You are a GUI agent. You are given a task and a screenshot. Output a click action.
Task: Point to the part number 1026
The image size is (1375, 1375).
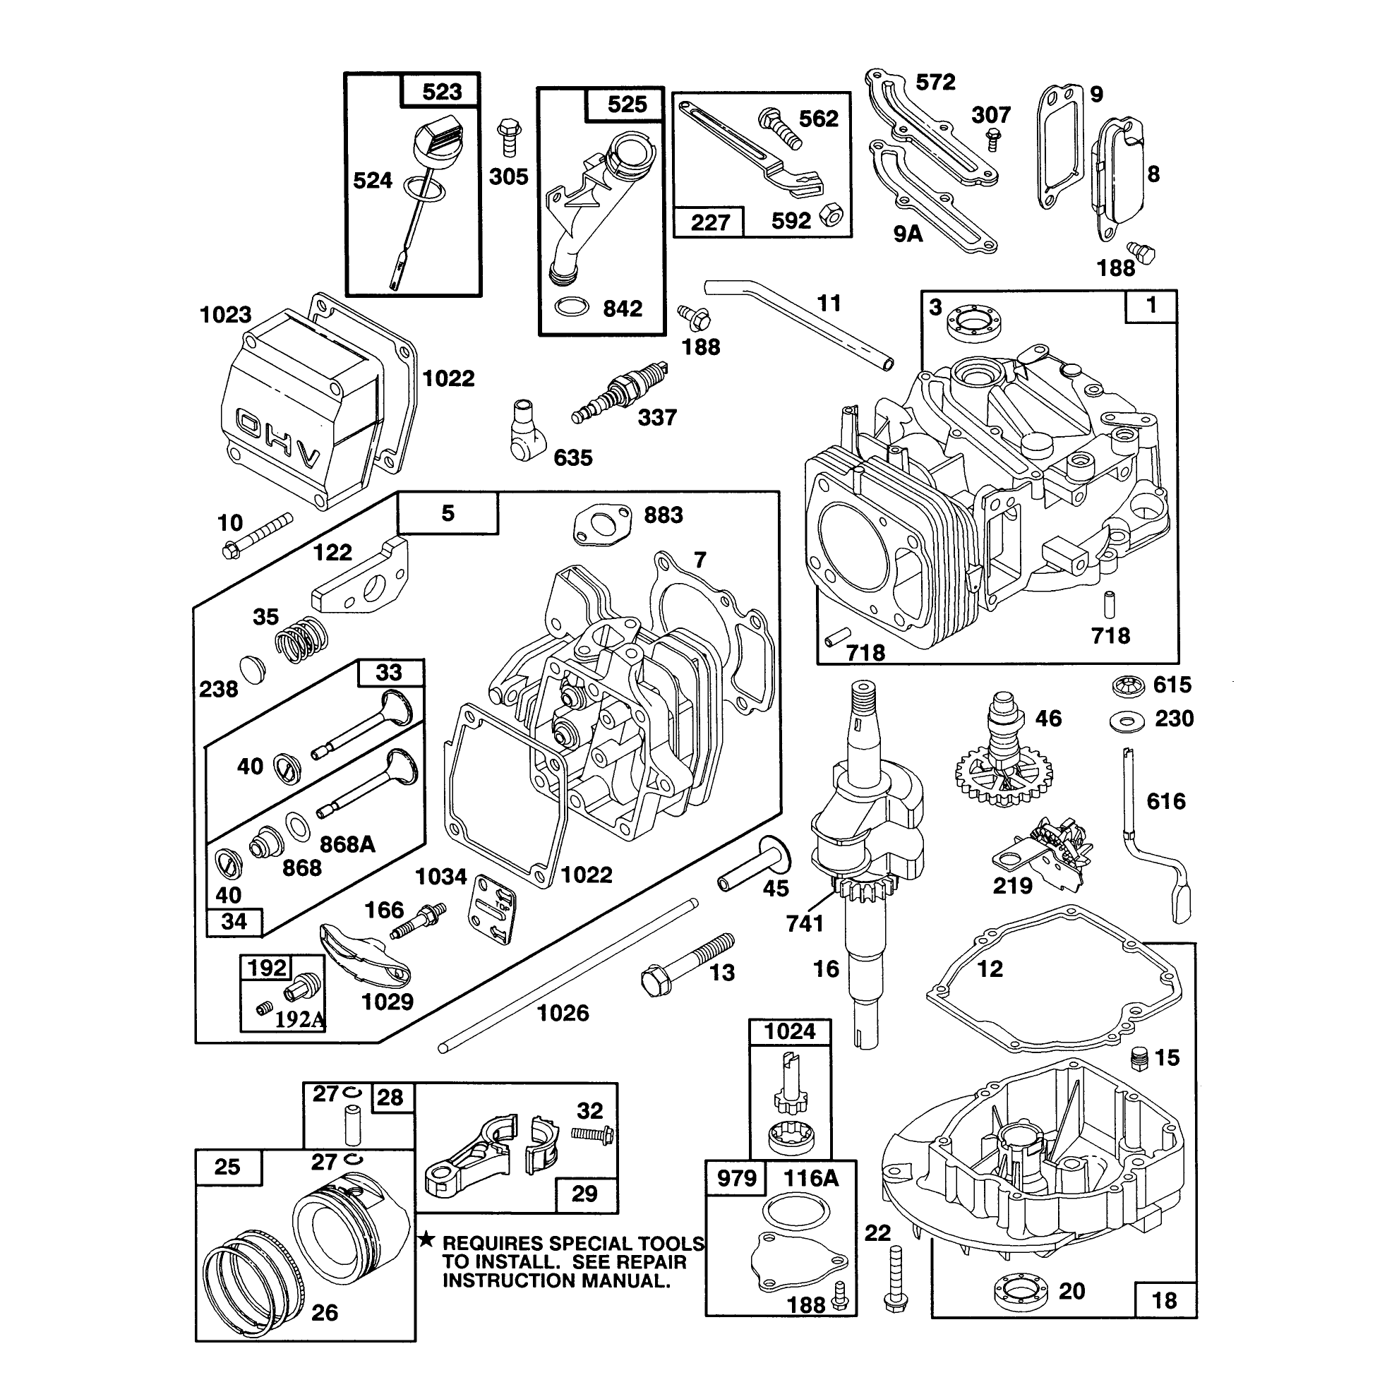[x=563, y=1013]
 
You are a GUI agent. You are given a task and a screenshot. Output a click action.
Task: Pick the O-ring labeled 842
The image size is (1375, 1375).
[x=572, y=307]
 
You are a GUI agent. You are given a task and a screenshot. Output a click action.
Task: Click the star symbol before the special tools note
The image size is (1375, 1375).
[x=426, y=1239]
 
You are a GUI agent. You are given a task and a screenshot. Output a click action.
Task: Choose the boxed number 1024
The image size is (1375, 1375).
[x=790, y=1031]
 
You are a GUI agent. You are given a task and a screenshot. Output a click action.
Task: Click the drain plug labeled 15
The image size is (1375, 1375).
[x=1139, y=1057]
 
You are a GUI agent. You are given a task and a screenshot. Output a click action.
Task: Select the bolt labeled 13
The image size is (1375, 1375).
[x=687, y=965]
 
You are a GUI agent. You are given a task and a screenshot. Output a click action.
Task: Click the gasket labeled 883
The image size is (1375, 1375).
[x=602, y=525]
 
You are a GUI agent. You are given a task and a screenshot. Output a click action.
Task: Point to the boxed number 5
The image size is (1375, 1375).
[x=448, y=512]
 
